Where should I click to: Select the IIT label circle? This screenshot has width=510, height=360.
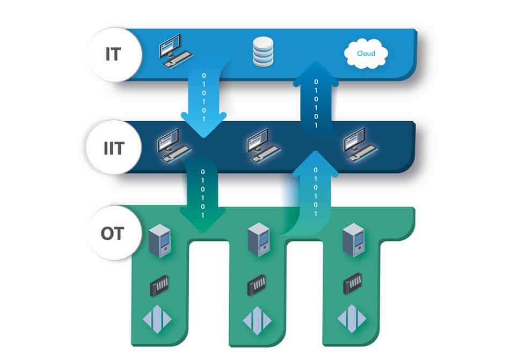coord(114,147)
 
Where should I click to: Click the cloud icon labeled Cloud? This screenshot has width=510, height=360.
coord(366,54)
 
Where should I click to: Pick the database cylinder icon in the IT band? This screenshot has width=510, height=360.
coord(263,52)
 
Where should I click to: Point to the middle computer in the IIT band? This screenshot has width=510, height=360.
coord(263,145)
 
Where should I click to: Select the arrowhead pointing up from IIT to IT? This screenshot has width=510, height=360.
coord(316,73)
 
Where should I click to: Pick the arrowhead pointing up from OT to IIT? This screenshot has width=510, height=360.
coord(315,164)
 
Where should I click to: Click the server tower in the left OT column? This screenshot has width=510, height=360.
coord(159,241)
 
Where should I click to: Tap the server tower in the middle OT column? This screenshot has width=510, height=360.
coord(259,239)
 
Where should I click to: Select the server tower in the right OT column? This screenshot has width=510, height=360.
coord(354,240)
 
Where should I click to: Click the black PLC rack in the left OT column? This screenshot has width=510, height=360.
coord(159,286)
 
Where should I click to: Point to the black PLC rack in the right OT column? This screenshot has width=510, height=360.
coord(353,284)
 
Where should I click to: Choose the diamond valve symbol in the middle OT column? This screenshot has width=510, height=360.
coord(257,320)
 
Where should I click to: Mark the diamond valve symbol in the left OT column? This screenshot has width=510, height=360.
coord(157,319)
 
